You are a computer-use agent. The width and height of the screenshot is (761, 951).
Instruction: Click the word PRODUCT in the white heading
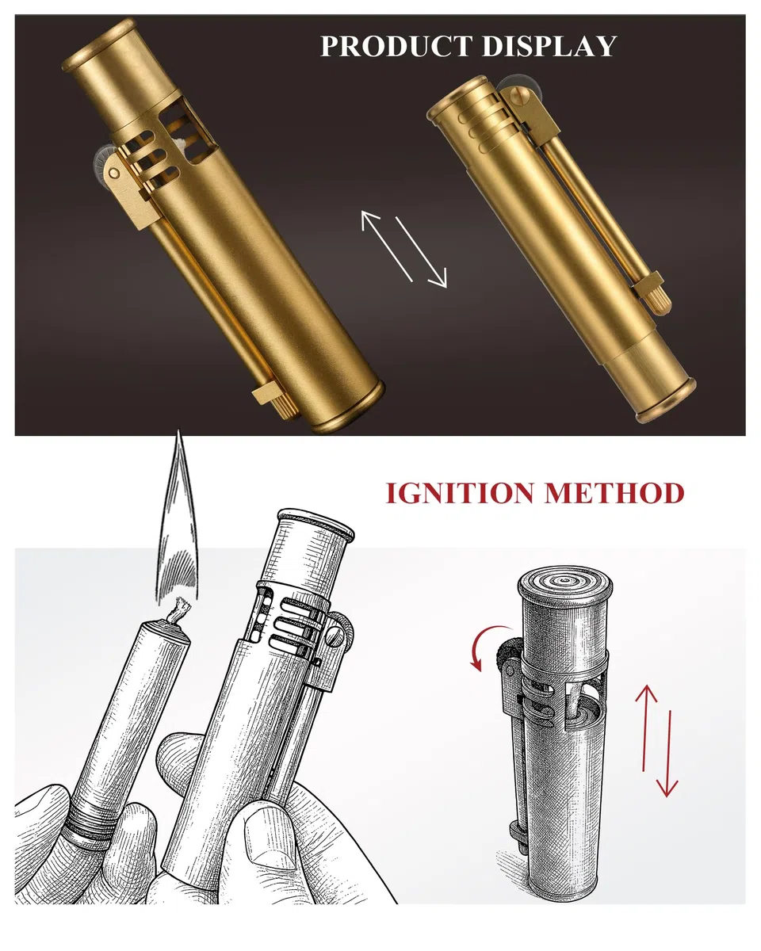(396, 45)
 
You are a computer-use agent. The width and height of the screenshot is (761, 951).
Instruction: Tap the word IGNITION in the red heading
(461, 493)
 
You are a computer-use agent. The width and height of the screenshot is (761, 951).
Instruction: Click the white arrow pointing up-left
(387, 246)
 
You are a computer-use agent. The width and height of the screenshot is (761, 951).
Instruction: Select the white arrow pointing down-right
(421, 252)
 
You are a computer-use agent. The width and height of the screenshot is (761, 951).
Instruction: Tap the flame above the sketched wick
(178, 521)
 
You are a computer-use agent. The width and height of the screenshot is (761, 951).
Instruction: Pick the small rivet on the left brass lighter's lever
(113, 174)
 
